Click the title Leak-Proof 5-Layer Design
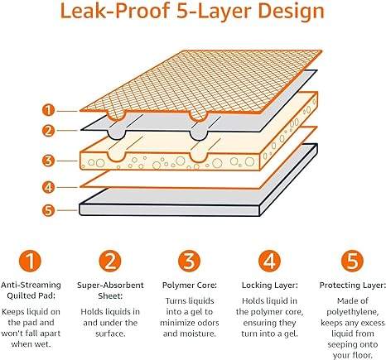[x=192, y=13]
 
